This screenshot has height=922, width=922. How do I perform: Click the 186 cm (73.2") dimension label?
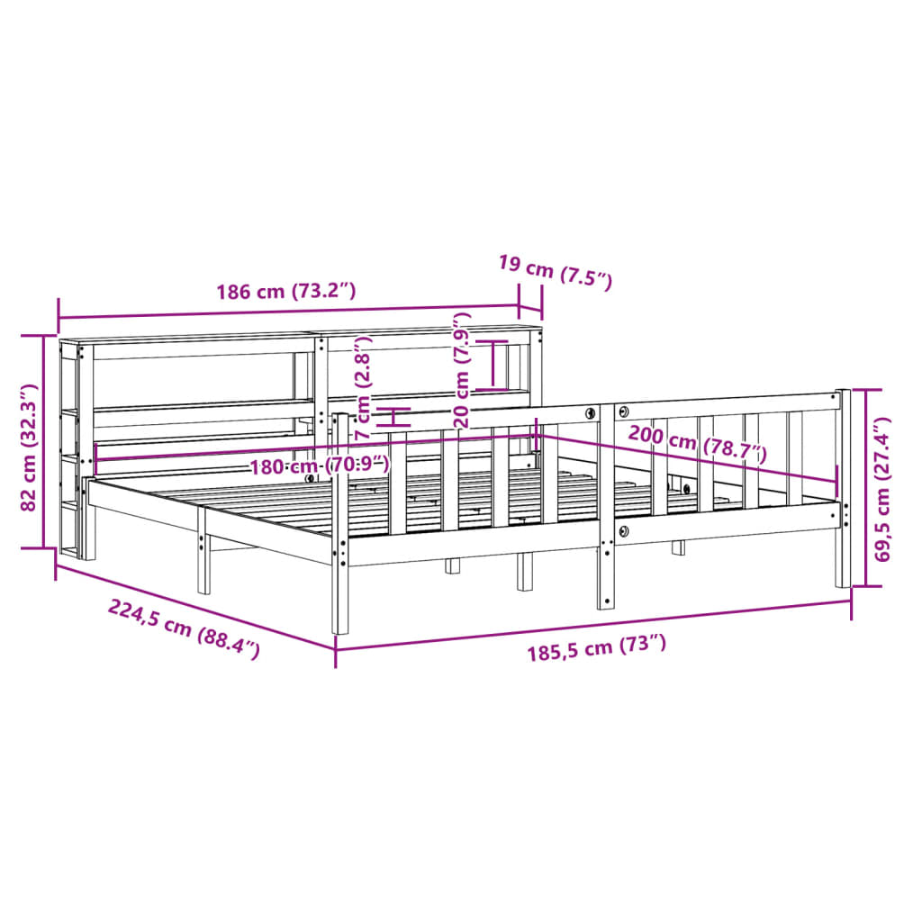pos(286,291)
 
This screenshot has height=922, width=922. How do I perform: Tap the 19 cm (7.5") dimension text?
pos(555,271)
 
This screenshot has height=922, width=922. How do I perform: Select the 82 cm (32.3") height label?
pos(28,447)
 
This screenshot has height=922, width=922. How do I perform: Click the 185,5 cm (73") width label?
pos(596,647)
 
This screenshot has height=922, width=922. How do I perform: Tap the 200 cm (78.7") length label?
pos(698,444)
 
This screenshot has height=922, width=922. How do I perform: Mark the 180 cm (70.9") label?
pos(320,466)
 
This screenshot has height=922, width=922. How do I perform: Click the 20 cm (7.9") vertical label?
pos(462,369)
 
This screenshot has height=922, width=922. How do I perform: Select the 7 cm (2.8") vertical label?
pos(364,387)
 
